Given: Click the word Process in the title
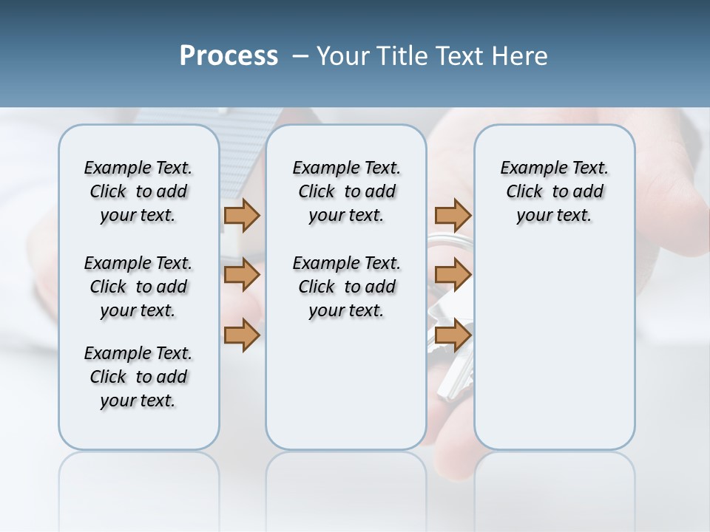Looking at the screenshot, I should click(x=229, y=56).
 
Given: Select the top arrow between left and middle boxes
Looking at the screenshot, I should click(x=242, y=215).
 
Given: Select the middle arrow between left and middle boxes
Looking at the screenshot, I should click(x=242, y=275).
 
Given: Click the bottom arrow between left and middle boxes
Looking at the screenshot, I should click(x=242, y=335).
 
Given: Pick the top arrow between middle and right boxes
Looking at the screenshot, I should click(x=453, y=215).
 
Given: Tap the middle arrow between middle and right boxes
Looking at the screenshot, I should click(x=453, y=275).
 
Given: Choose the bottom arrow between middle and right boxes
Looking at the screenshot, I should click(x=453, y=335).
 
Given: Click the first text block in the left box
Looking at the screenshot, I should click(x=138, y=191).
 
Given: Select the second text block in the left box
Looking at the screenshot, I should click(x=138, y=287).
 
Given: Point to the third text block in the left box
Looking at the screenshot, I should click(x=138, y=377).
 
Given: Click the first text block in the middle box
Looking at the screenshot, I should click(x=346, y=191).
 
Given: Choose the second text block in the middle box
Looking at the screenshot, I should click(x=346, y=287).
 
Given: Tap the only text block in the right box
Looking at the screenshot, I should click(x=554, y=191).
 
